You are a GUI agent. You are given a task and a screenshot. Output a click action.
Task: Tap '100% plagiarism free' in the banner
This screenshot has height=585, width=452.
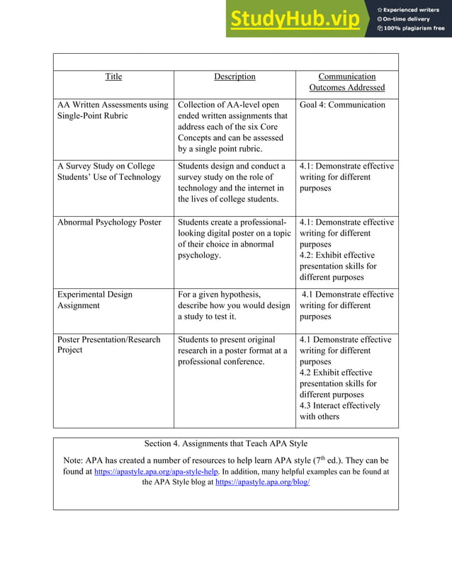[414, 28]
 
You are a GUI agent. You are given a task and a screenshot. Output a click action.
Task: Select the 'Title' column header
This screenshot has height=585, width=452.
[113, 76]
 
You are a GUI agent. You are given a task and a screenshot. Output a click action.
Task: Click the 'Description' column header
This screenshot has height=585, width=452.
[235, 76]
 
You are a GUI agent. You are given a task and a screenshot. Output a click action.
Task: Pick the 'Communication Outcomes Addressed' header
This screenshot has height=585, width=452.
[346, 82]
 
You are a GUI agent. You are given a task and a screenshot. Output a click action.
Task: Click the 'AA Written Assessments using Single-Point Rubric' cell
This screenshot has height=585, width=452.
[113, 110]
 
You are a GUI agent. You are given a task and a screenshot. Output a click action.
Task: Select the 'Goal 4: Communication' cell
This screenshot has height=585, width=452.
[342, 105]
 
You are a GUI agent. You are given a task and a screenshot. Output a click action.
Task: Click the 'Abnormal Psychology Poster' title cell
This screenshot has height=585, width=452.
[109, 222]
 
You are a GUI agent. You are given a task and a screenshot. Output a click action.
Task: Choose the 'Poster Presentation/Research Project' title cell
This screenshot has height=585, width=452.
[108, 345]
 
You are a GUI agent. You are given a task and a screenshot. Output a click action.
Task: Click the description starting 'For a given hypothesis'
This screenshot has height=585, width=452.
[234, 305]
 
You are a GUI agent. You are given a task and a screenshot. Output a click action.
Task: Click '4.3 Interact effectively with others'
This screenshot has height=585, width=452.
[339, 411]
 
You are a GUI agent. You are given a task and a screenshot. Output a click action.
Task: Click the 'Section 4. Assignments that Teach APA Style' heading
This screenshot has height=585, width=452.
[225, 444]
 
